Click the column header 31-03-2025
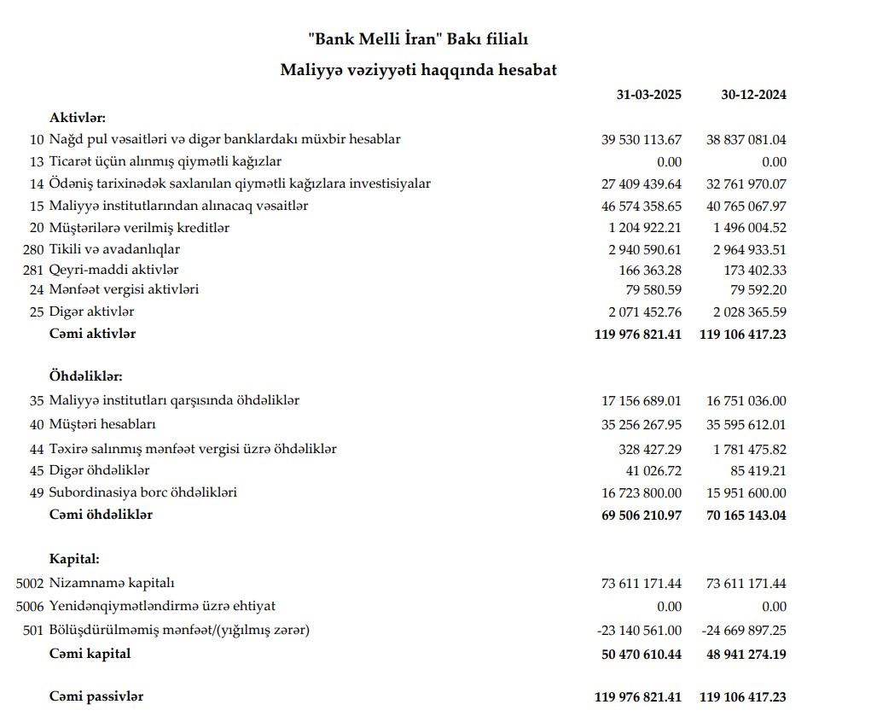(x=648, y=95)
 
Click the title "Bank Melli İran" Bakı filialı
(x=418, y=39)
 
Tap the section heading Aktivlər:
(x=78, y=117)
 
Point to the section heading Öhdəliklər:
(x=86, y=375)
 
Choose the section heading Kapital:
(x=74, y=560)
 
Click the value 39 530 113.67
(x=642, y=139)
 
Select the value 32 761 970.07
(x=746, y=183)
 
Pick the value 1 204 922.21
(x=647, y=228)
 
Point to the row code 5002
(x=29, y=584)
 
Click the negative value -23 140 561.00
(x=640, y=631)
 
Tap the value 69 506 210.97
(x=638, y=515)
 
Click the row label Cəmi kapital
(x=90, y=655)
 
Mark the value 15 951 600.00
(x=746, y=492)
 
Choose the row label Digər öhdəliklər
(x=100, y=470)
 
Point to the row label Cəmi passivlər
(x=96, y=697)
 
